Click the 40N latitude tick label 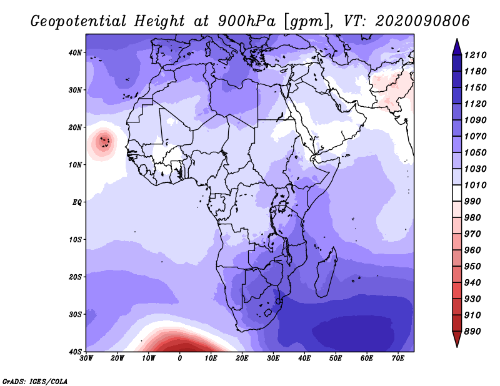point(75,52)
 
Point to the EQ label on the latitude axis point(77,202)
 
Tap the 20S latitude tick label point(75,277)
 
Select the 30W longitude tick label point(86,359)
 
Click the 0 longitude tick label point(180,359)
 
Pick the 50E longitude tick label point(336,359)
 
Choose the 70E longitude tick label point(398,359)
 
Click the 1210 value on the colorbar point(476,55)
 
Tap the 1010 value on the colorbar point(476,185)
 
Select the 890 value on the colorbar point(472,332)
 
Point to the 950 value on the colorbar point(472,267)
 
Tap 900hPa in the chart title point(246,21)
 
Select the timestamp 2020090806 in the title point(422,21)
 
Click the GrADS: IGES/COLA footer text point(35,381)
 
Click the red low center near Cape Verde point(103,142)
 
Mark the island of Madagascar point(326,272)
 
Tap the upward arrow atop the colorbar point(457,47)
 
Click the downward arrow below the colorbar point(457,339)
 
